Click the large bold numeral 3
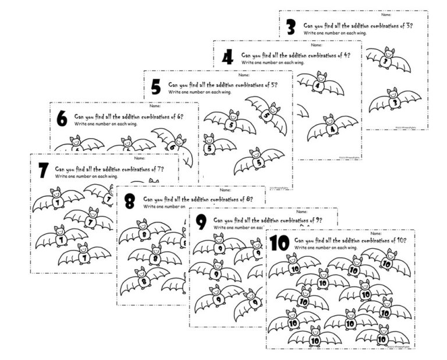pos(291,27)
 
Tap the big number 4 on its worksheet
pos(228,57)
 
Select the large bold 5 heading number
pos(155,87)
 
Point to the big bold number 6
pos(62,119)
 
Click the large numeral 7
pos(42,171)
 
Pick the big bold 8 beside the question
pos(130,202)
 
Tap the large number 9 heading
pos(201,222)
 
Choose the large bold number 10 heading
pos(279,243)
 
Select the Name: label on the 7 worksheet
pos(139,158)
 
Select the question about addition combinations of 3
pos(358,26)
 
